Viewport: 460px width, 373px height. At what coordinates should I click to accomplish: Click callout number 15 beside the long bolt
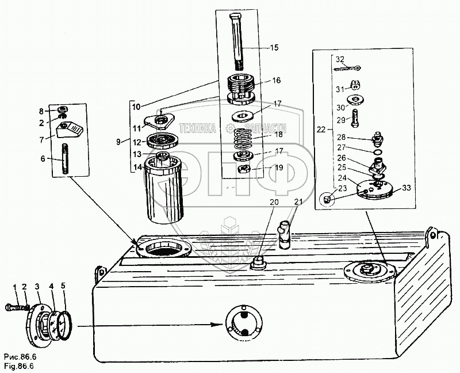(x=275, y=46)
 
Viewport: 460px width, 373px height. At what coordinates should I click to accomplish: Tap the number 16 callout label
(x=277, y=81)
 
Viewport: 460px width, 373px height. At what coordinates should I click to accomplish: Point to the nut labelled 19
(x=244, y=169)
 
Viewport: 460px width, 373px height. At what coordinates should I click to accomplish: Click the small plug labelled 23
(x=326, y=199)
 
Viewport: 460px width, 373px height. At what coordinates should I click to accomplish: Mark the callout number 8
(x=41, y=111)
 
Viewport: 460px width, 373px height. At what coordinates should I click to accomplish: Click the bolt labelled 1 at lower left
(x=17, y=307)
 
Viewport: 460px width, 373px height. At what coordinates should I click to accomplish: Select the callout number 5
(x=64, y=286)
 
